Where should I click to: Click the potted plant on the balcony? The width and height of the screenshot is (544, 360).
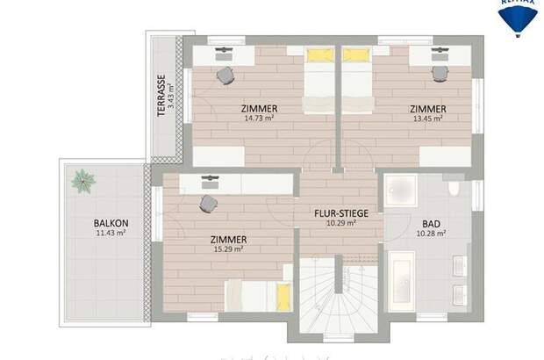pos(84,181)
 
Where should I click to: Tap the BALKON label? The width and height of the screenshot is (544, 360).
pos(111,223)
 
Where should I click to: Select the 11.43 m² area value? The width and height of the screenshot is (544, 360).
pos(111,234)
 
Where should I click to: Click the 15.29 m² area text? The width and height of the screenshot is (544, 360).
pos(227,248)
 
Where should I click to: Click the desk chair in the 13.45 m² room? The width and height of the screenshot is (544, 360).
pos(440,74)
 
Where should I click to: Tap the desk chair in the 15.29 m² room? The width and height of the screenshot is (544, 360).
pos(209,204)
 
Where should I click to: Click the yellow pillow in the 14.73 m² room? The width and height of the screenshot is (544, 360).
pos(319,55)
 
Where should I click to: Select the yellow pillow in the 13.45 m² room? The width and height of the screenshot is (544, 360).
pos(354,55)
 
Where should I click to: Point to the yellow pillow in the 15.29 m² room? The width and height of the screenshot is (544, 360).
pos(283,296)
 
